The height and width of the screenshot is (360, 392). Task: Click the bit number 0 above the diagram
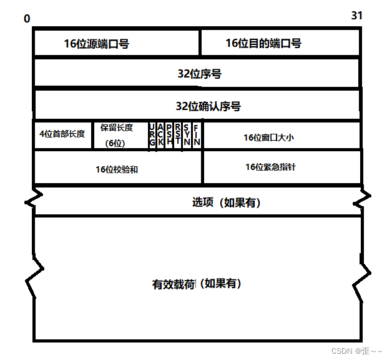[x=27, y=19]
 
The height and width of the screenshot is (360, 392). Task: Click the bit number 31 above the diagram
[x=356, y=15]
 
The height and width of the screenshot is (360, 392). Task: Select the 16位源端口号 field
[x=96, y=44]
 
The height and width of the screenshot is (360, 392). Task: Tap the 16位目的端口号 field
[x=263, y=43]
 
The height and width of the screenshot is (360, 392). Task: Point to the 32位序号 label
[x=199, y=74]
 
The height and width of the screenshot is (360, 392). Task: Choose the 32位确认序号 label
[x=208, y=106]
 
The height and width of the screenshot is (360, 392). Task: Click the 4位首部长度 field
[x=62, y=134]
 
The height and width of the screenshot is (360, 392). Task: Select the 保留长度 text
[x=117, y=127]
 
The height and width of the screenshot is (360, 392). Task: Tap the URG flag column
[x=152, y=136]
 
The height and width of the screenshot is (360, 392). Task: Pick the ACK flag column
[x=161, y=136]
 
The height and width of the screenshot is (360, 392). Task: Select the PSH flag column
[x=170, y=136]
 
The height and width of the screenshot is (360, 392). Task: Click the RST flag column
[x=178, y=136]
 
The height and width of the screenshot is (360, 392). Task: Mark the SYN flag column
[x=187, y=136]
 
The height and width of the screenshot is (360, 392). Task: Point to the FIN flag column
[x=196, y=136]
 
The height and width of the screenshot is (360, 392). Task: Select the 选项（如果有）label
[x=226, y=202]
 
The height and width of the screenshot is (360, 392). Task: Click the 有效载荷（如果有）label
[x=197, y=284]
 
